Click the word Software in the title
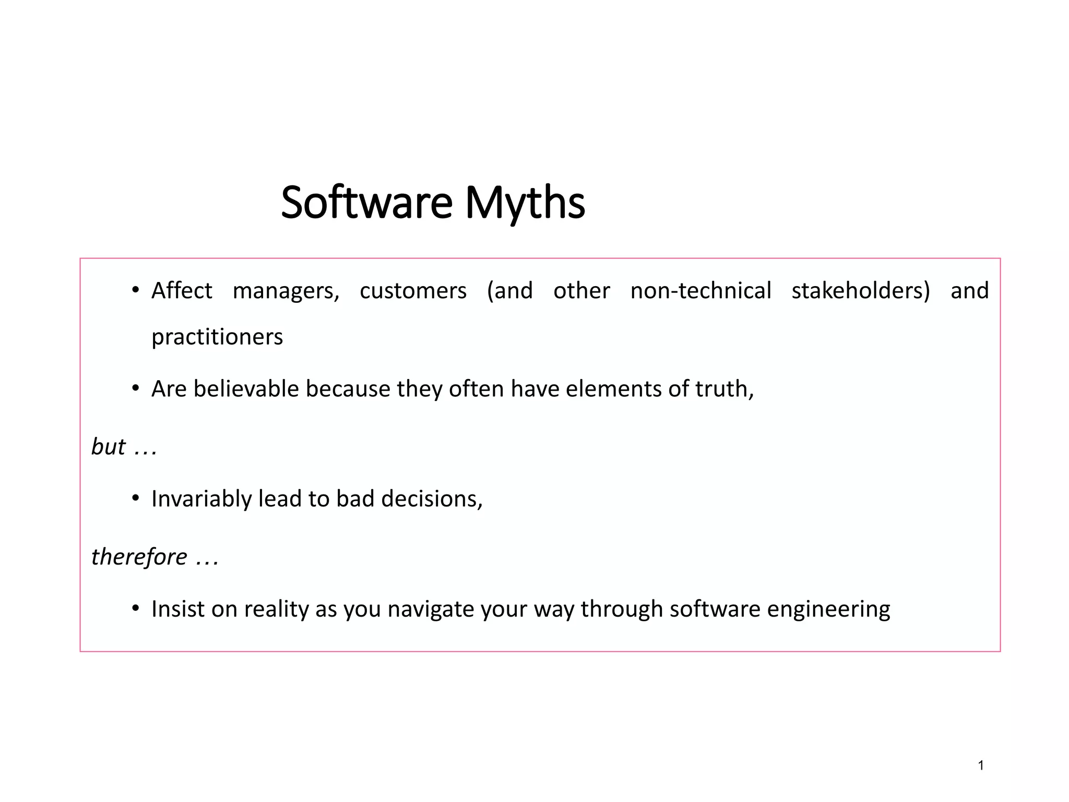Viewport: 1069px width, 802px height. tap(366, 203)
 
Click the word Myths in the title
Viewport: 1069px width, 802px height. tap(525, 203)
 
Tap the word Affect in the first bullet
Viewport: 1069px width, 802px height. tap(182, 290)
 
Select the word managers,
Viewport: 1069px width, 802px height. tap(286, 291)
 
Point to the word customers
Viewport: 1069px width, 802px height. tap(413, 290)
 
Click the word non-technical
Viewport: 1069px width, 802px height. tap(700, 290)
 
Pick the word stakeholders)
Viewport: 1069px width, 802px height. tap(861, 290)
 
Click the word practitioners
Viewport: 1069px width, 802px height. tap(217, 337)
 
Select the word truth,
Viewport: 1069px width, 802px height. tap(724, 389)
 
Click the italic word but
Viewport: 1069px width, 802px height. tap(109, 447)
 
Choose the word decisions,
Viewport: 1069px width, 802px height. tap(432, 499)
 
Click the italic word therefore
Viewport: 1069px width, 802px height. tap(139, 557)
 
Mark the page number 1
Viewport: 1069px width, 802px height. tap(981, 766)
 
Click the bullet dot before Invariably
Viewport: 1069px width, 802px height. tap(135, 499)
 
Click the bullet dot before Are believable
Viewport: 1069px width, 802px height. tap(135, 388)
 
